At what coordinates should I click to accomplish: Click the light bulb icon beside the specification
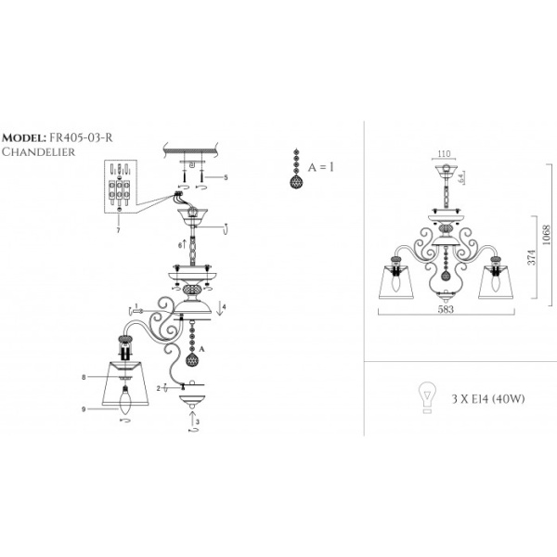point(429,397)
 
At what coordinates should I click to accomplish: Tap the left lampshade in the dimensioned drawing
point(395,282)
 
